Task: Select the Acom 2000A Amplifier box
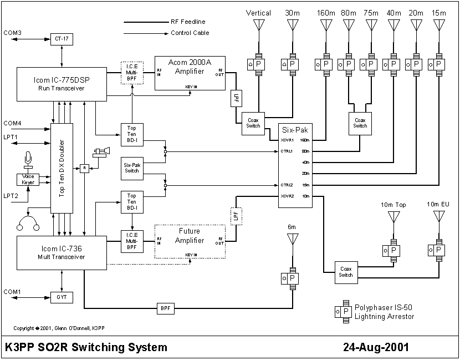190,69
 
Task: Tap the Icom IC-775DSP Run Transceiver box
61,84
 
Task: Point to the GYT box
61,297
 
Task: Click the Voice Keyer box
28,180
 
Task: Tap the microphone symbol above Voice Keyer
28,159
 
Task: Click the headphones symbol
28,222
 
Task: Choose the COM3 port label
12,33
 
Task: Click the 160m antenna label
326,13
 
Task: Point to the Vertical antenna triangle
259,26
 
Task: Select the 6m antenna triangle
292,240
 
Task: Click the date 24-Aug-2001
376,348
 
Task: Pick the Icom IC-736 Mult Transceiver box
61,252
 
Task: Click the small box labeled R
84,168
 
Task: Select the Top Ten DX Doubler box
62,169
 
